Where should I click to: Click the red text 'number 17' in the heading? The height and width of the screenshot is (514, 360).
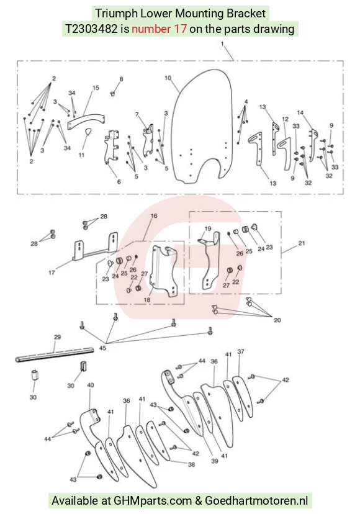(x=159, y=29)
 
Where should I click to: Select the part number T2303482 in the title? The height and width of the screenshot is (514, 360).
(x=91, y=29)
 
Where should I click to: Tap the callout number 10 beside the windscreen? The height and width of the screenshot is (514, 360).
(x=168, y=78)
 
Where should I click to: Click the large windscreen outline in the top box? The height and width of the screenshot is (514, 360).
(x=200, y=126)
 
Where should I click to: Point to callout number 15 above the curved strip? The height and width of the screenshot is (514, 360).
(x=96, y=88)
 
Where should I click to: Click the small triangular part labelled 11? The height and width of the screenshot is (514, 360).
(x=88, y=132)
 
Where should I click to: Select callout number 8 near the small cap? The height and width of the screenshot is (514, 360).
(x=121, y=79)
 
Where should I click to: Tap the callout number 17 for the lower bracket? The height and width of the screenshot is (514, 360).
(x=52, y=273)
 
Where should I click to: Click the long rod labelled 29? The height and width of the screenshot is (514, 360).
(x=55, y=355)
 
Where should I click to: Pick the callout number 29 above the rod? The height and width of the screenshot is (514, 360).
(x=57, y=337)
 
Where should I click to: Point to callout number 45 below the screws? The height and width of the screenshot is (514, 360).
(x=102, y=348)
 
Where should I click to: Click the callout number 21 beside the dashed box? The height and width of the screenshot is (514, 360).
(x=301, y=243)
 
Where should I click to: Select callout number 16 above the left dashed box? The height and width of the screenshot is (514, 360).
(x=154, y=215)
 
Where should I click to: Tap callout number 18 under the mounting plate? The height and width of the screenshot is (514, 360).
(x=147, y=300)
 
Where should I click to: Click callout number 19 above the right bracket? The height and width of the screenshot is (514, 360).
(x=208, y=228)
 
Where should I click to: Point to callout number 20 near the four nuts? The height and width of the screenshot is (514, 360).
(x=277, y=320)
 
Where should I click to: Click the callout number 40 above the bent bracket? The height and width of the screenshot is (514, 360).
(x=91, y=385)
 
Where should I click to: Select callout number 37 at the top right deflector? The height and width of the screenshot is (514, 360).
(x=241, y=351)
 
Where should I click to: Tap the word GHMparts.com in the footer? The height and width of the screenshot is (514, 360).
(x=153, y=501)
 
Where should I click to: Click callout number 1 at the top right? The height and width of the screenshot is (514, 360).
(x=222, y=43)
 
